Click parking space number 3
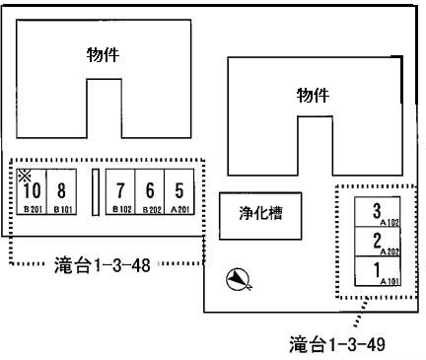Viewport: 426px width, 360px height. (x=378, y=212)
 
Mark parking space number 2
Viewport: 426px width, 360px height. (x=378, y=242)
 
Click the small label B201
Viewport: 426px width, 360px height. (x=32, y=209)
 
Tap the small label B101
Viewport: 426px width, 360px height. (x=63, y=209)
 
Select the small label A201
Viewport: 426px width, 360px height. (x=179, y=209)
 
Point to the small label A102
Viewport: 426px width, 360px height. (x=389, y=223)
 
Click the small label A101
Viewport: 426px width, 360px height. (x=389, y=281)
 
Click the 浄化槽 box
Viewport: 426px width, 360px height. (x=260, y=212)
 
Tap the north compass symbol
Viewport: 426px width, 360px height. (x=240, y=281)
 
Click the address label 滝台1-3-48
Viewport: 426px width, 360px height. (x=104, y=264)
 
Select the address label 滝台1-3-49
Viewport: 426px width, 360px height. (x=336, y=344)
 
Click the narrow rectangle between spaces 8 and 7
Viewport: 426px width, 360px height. (x=96, y=191)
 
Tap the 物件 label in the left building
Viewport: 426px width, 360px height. (x=103, y=56)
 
